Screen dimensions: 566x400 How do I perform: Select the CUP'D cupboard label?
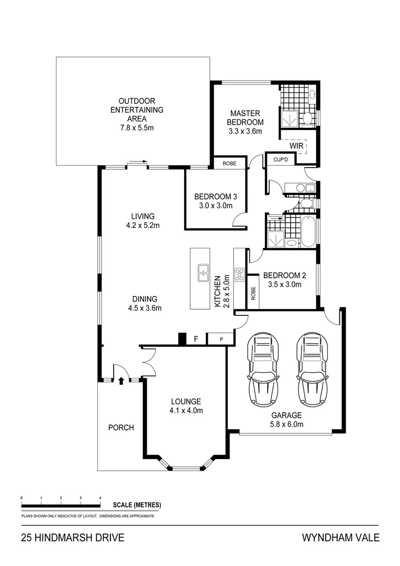coord(275,159)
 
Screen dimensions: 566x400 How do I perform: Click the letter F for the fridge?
coord(196,339)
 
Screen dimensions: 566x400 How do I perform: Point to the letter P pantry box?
coord(221,339)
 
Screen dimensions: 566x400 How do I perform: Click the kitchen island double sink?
coord(201,273)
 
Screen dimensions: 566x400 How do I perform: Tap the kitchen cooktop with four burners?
coord(239,274)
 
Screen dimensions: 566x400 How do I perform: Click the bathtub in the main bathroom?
coord(308,232)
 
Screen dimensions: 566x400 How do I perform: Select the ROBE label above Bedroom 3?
coord(229,164)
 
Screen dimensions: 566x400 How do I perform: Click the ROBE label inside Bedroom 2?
coord(253,293)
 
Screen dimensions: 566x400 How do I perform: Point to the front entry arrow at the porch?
coord(121,381)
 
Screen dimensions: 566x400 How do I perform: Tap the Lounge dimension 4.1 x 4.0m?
coord(186,410)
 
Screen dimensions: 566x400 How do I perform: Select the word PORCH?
coord(121,428)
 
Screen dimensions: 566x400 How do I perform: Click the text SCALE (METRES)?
coord(137,505)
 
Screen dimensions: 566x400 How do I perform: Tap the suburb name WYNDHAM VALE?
coord(340,538)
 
